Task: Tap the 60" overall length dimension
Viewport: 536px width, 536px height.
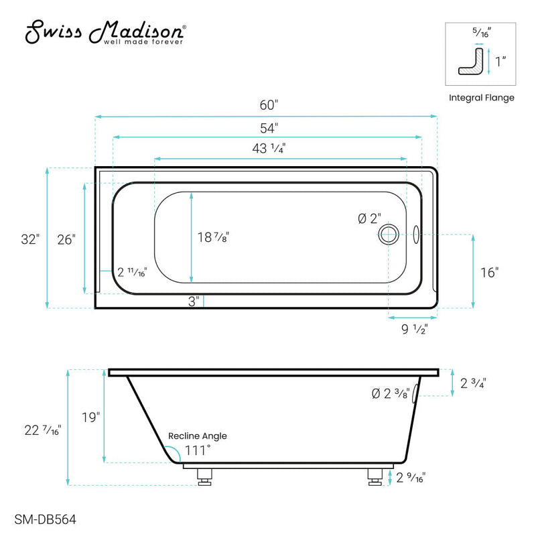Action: point(268,105)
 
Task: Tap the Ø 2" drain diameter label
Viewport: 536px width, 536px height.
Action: point(369,218)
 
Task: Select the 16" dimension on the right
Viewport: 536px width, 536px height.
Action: point(489,273)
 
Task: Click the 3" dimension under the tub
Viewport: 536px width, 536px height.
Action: point(194,301)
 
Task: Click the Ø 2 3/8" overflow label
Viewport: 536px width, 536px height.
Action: point(390,394)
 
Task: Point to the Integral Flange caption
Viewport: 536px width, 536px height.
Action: point(481,98)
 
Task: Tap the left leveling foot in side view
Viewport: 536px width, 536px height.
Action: point(205,476)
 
